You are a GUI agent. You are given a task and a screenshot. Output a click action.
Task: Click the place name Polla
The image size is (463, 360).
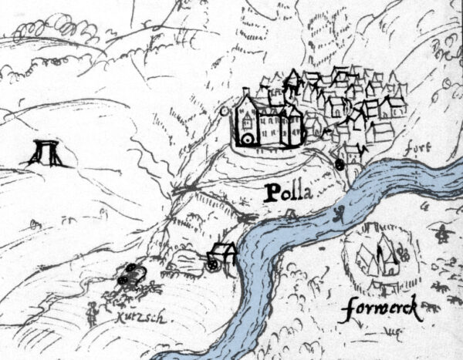tap(290, 193)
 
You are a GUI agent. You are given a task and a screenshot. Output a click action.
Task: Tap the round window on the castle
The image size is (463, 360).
tap(248, 139)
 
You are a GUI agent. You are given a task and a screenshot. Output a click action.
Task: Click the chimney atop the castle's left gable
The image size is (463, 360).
tap(245, 92)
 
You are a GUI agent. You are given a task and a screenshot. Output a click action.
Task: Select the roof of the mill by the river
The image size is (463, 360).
tap(224, 249)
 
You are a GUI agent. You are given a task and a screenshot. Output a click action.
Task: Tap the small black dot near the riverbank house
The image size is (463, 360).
tap(340, 163)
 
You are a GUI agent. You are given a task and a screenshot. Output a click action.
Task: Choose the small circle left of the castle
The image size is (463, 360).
tap(224, 111)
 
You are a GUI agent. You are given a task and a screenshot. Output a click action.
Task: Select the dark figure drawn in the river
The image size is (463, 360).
tap(336, 215)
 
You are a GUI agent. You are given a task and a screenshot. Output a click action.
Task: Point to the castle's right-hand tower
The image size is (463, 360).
tap(294, 126)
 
